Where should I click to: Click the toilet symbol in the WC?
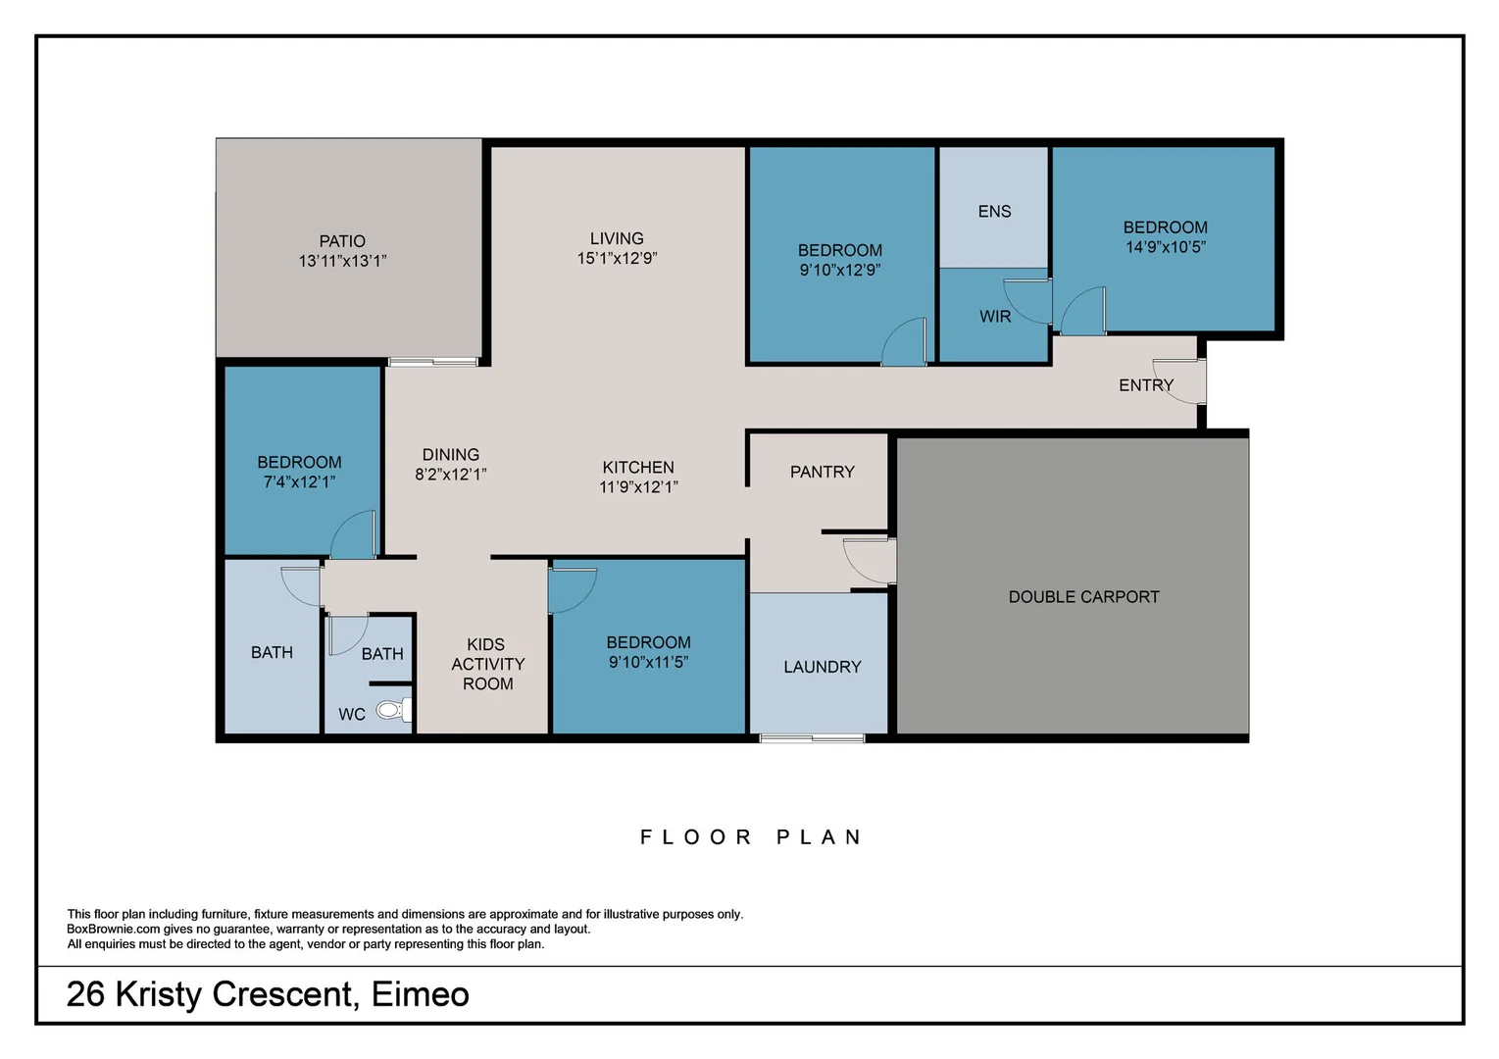[393, 710]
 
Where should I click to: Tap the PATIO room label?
[342, 241]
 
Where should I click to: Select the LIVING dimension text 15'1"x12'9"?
[617, 258]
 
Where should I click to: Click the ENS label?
[994, 212]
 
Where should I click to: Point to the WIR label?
[995, 317]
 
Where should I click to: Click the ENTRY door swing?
[1179, 381]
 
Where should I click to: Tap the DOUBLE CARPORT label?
[1083, 597]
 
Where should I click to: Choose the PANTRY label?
[823, 472]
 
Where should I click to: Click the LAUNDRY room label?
[823, 667]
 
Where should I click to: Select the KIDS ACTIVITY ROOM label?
[487, 664]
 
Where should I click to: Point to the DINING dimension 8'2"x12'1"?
[450, 475]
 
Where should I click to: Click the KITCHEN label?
[638, 468]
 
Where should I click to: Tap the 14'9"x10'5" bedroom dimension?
[1165, 247]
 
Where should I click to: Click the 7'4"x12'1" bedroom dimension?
[299, 482]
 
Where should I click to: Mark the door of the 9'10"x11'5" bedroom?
[573, 590]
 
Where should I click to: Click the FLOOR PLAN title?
[752, 837]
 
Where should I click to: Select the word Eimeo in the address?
[421, 994]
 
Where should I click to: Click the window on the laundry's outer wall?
[812, 738]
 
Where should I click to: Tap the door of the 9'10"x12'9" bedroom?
[904, 341]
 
